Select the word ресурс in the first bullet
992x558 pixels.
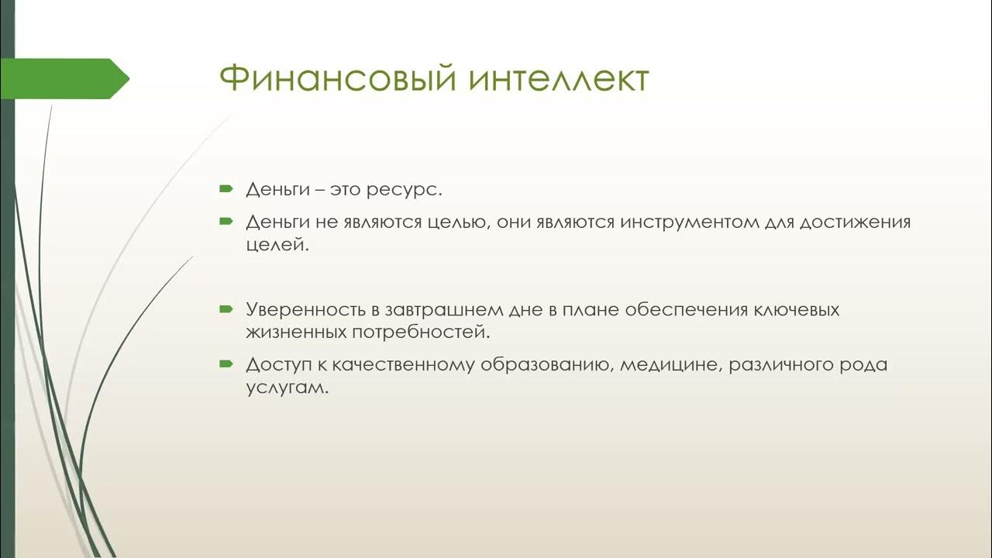coord(413,190)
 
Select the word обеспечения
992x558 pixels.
coord(674,310)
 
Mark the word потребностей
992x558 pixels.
coord(422,333)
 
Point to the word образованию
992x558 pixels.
coord(546,365)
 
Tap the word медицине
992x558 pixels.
coord(670,365)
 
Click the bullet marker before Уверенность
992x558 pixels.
coord(226,308)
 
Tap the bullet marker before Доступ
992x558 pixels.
coord(226,363)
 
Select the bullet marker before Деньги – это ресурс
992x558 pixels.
coord(226,188)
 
